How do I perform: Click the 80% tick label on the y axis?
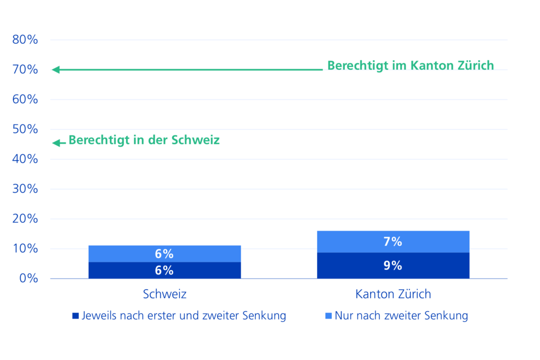[x=25, y=40]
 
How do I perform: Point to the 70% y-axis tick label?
[x=25, y=70]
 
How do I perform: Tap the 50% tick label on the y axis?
[x=25, y=129]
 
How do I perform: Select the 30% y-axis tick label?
[x=25, y=189]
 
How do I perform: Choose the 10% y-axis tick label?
[x=25, y=249]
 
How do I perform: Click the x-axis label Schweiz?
[x=164, y=294]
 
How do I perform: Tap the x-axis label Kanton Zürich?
[x=393, y=294]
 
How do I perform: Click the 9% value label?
[x=393, y=265]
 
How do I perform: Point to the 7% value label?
[x=393, y=242]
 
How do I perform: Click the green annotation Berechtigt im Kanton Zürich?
[x=411, y=65]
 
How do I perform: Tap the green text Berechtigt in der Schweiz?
[x=144, y=140]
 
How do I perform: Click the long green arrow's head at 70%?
[x=56, y=70]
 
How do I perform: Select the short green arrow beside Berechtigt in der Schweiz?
[x=58, y=143]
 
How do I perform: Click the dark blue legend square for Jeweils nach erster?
[x=75, y=316]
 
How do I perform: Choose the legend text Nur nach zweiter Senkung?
[x=401, y=316]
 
